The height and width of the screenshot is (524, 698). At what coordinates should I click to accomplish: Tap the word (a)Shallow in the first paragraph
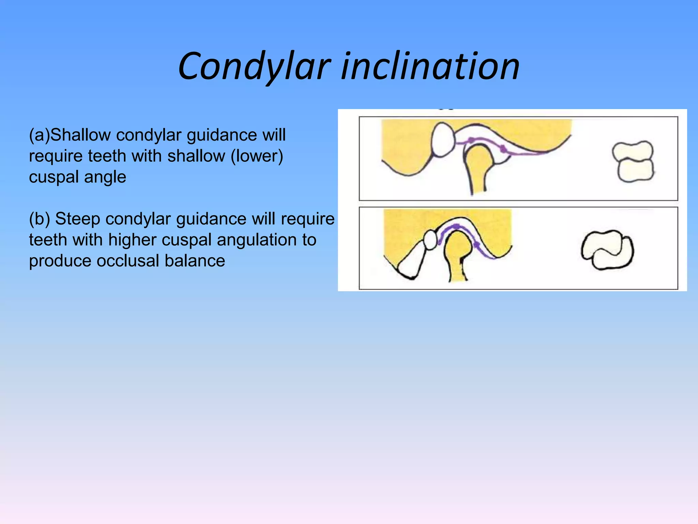pyautogui.click(x=70, y=135)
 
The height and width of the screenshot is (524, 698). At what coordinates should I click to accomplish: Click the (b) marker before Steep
pyautogui.click(x=40, y=219)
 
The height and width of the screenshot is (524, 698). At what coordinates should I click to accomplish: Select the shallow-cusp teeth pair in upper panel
pyautogui.click(x=633, y=161)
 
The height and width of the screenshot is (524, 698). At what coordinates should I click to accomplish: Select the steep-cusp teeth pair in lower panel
pyautogui.click(x=607, y=250)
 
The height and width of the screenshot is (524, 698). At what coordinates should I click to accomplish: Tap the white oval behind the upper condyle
pyautogui.click(x=443, y=140)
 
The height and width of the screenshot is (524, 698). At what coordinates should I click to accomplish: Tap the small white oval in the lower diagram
pyautogui.click(x=430, y=239)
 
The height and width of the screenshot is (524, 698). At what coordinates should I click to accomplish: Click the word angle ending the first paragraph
pyautogui.click(x=105, y=177)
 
